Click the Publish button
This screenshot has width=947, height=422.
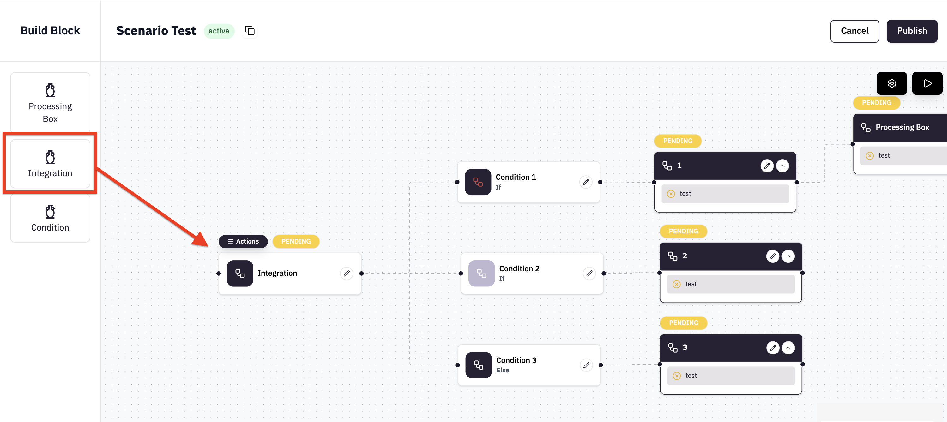click(911, 31)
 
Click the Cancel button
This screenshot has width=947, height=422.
click(854, 31)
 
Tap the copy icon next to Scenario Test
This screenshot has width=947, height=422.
click(250, 31)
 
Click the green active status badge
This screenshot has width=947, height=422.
click(219, 31)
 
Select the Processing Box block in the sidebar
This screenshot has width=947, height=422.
click(50, 103)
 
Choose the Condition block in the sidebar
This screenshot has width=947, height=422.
click(50, 218)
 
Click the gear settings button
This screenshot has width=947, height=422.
click(891, 83)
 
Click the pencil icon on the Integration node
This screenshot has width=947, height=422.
click(346, 274)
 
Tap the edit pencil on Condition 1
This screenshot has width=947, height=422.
click(586, 182)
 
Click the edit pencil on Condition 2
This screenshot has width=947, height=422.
click(589, 274)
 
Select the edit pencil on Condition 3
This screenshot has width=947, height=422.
click(586, 365)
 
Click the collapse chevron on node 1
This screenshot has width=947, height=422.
click(782, 166)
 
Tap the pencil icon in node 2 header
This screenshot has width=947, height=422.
click(772, 256)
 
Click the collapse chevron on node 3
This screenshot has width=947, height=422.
click(788, 348)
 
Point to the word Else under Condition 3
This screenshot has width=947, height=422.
click(503, 370)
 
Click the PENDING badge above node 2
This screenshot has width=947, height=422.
click(683, 231)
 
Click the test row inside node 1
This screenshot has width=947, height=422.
click(725, 194)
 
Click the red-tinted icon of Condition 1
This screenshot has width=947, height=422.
click(478, 182)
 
